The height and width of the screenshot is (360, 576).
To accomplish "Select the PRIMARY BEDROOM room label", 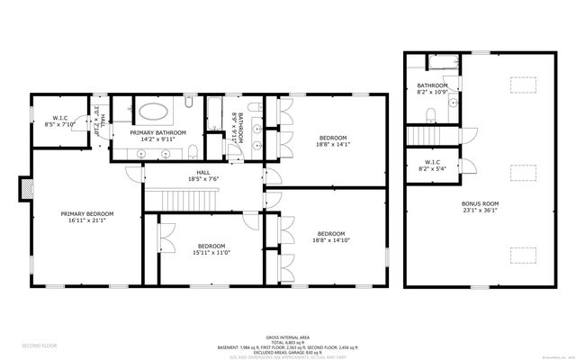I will click(x=87, y=213).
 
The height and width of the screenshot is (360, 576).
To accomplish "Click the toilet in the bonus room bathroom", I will click(x=430, y=114).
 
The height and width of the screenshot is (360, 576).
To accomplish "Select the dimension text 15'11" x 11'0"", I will click(x=212, y=253).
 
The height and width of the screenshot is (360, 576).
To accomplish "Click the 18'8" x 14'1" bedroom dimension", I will click(x=332, y=144).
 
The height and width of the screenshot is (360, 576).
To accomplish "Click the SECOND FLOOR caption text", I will click(x=40, y=346).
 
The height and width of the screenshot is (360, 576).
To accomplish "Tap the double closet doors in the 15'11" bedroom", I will click(x=165, y=235).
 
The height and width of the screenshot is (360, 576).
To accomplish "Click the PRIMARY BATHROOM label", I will click(x=157, y=133).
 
